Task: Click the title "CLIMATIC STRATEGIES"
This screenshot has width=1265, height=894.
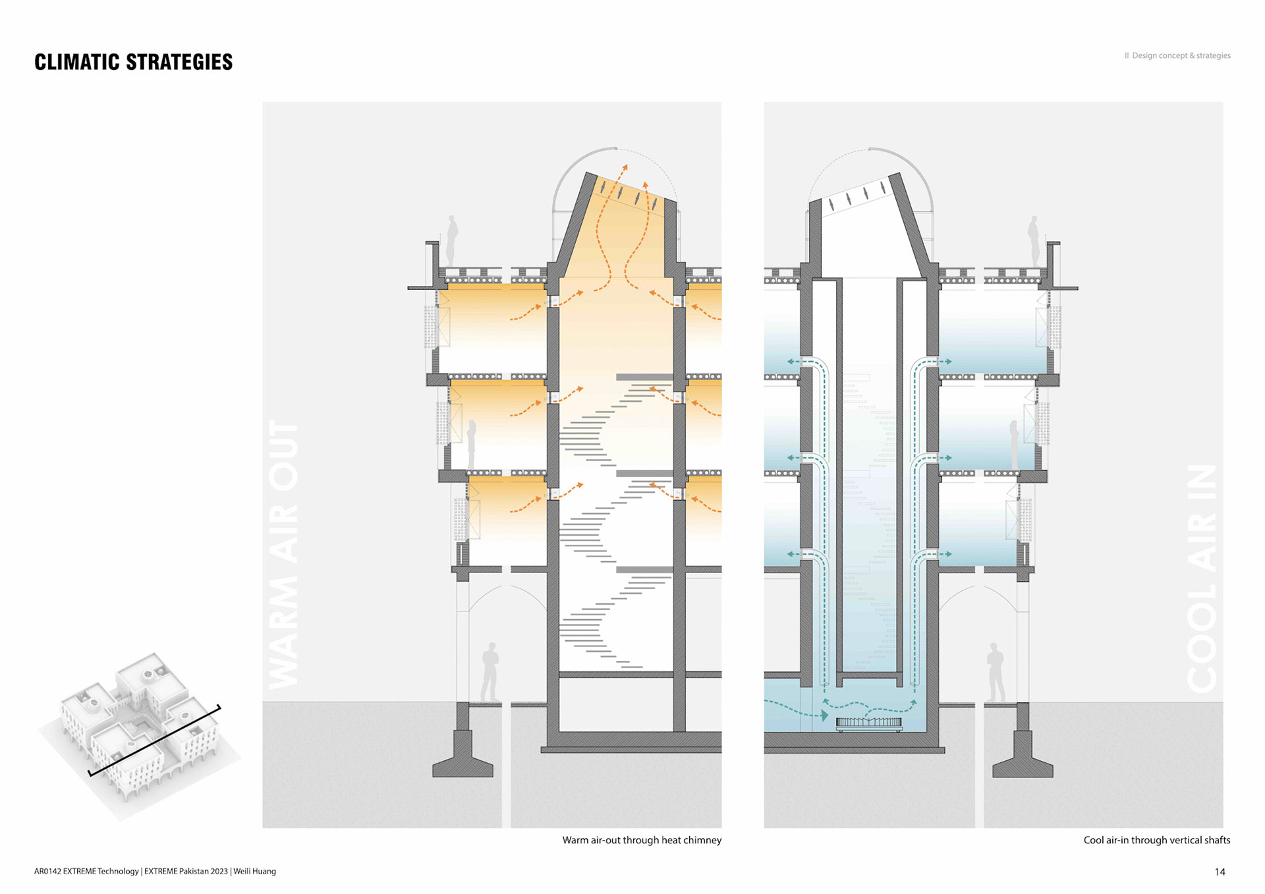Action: click(x=133, y=62)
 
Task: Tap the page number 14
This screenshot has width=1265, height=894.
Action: click(x=1220, y=872)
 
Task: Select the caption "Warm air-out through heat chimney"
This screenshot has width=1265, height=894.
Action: click(x=642, y=840)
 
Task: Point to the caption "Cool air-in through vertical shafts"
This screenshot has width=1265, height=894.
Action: click(x=1156, y=840)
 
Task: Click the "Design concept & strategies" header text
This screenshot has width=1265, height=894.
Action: click(x=1181, y=55)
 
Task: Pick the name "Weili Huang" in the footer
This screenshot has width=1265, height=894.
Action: click(x=254, y=871)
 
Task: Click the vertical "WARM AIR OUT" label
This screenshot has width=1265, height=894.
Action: click(x=284, y=553)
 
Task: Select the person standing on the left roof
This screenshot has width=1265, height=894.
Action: click(x=452, y=240)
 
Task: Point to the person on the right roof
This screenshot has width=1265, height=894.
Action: click(x=1033, y=240)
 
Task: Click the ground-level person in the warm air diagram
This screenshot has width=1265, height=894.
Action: click(x=490, y=672)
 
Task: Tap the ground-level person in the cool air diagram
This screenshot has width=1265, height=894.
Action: click(x=995, y=672)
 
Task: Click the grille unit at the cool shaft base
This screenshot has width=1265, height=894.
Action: click(x=869, y=723)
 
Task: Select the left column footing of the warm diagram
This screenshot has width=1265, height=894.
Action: click(x=463, y=758)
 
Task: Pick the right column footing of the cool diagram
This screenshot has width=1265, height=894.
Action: click(x=1023, y=758)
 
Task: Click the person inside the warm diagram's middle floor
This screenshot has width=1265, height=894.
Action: click(x=472, y=445)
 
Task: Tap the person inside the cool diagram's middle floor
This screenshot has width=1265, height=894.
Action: click(x=1015, y=445)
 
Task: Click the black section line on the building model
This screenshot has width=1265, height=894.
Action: click(x=154, y=740)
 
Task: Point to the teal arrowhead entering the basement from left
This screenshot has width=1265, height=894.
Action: click(x=824, y=715)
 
